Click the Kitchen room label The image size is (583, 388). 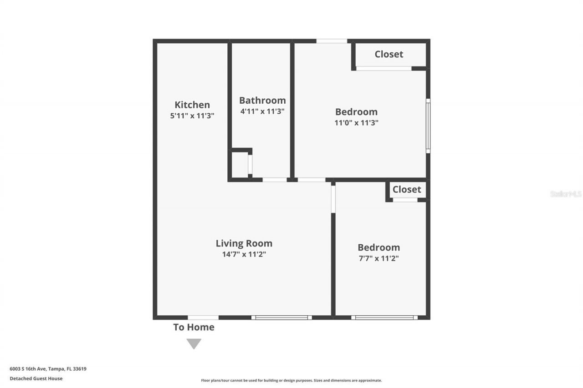click(192, 105)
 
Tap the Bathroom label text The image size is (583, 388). click(262, 100)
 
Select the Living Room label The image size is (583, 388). click(244, 243)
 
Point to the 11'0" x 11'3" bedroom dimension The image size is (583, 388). click(357, 122)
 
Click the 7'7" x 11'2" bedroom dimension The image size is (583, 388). click(378, 258)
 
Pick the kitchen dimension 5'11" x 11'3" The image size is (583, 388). click(192, 116)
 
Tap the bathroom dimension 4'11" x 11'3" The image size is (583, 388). click(262, 111)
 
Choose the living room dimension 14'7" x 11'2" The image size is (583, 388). click(244, 254)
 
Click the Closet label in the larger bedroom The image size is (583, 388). click(389, 54)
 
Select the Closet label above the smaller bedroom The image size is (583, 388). click(407, 189)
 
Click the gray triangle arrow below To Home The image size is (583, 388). click(194, 343)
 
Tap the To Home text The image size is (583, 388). click(194, 327)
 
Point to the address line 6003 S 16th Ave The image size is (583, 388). click(48, 369)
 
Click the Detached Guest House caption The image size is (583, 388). click(36, 378)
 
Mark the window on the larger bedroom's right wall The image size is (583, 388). click(428, 126)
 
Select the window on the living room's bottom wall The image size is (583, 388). click(281, 317)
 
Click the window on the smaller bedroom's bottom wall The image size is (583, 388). click(384, 317)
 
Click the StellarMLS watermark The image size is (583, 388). click(566, 194)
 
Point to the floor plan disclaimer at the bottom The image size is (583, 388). click(291, 380)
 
